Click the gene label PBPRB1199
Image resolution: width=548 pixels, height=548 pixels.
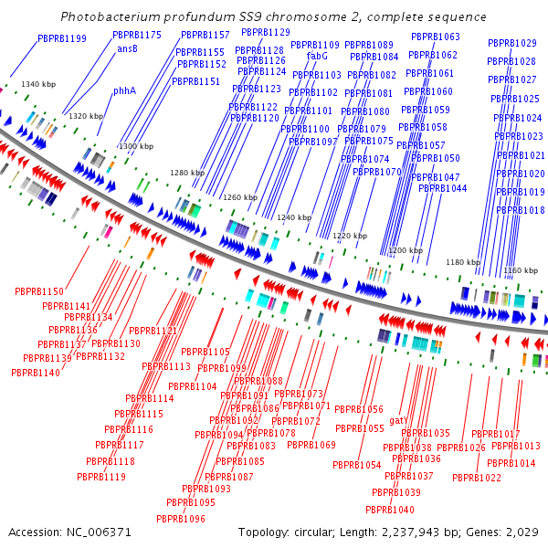[62, 38]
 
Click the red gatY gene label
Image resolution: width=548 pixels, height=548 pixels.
[398, 419]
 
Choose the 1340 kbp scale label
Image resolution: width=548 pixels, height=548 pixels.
[38, 84]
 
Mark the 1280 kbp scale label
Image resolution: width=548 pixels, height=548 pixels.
[187, 173]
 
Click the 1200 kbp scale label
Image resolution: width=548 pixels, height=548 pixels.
[406, 250]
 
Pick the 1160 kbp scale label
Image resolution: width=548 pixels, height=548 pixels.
[521, 270]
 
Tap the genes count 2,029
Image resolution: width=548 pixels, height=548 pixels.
[522, 532]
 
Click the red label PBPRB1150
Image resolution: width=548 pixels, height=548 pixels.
[39, 291]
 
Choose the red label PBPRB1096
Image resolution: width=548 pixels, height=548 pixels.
[180, 519]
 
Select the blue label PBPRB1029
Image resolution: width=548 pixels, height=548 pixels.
[511, 43]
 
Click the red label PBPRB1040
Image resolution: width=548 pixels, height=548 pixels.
[390, 510]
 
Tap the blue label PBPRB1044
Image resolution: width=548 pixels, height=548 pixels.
[443, 189]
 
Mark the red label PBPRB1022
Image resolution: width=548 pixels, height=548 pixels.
[477, 478]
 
